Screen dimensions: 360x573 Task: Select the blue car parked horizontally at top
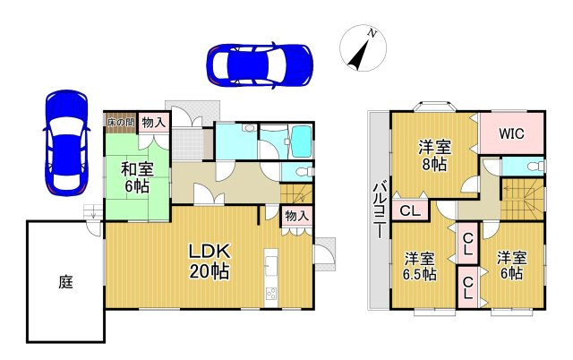pyautogui.click(x=259, y=63)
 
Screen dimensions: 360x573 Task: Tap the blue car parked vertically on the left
pyautogui.click(x=65, y=141)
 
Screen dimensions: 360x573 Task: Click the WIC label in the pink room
pyautogui.click(x=511, y=134)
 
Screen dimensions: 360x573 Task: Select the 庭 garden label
pyautogui.click(x=65, y=282)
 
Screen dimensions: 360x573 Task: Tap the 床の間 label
pyautogui.click(x=121, y=122)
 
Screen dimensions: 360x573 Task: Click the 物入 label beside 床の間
pyautogui.click(x=152, y=122)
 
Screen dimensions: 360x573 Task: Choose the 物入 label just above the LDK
pyautogui.click(x=296, y=216)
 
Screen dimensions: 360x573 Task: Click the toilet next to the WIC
pyautogui.click(x=535, y=167)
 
